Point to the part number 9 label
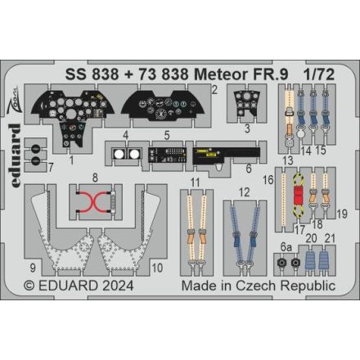[x=33, y=267]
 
